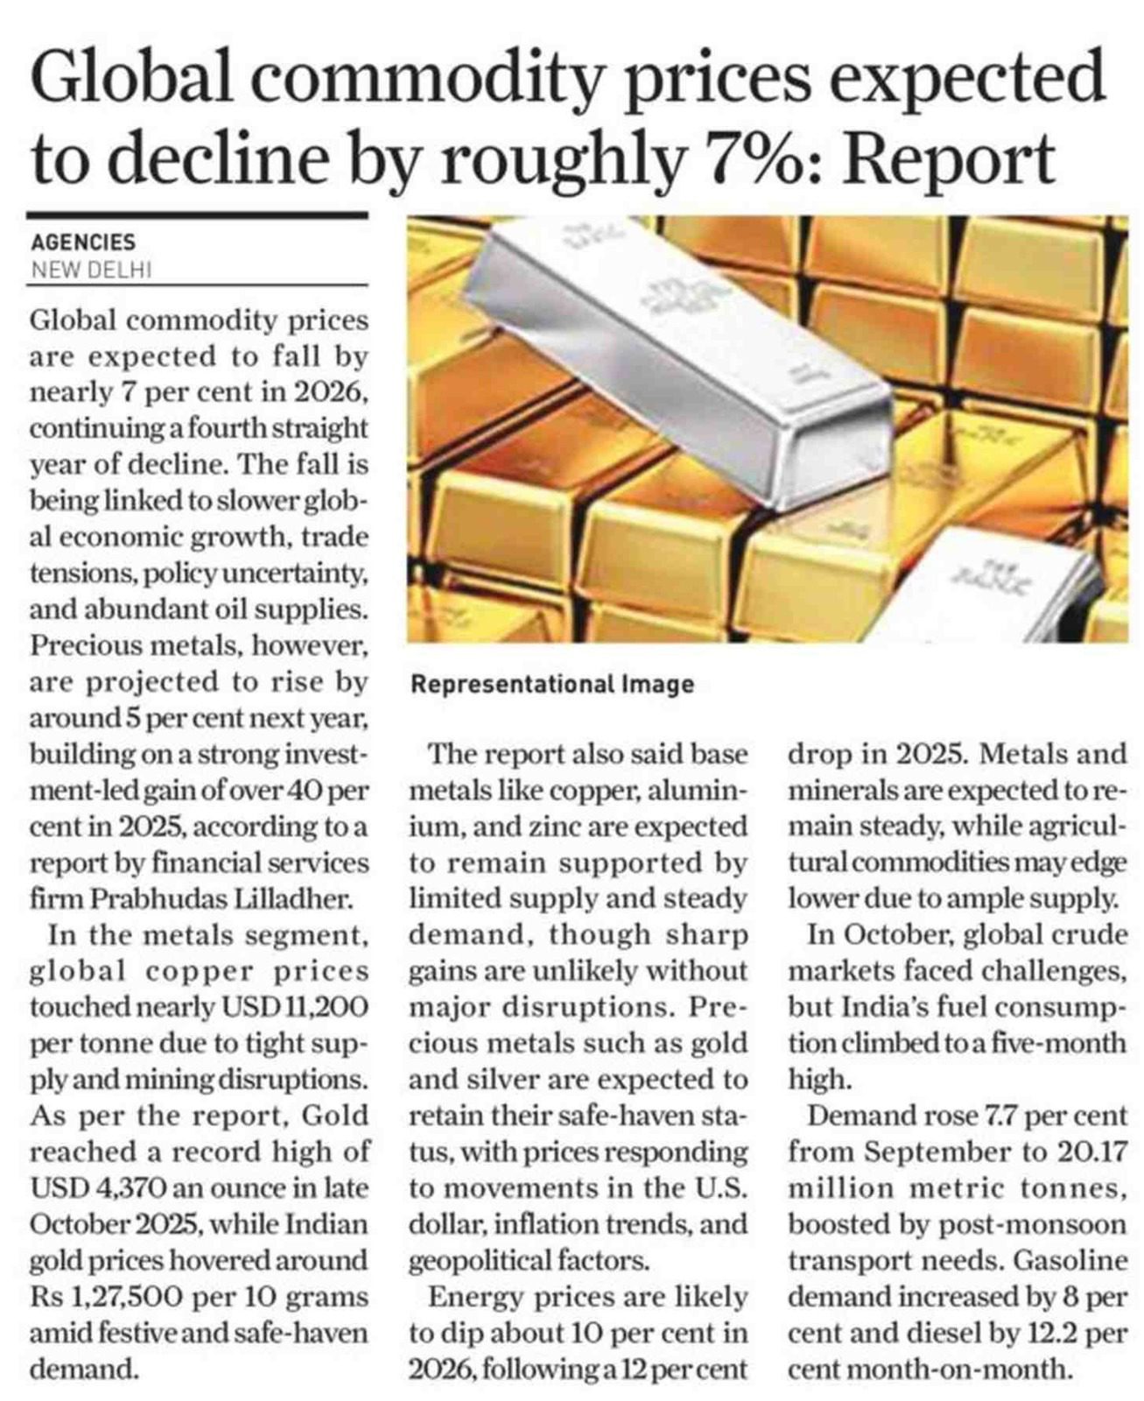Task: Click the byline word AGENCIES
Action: coord(83,243)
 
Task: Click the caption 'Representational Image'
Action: coord(552,685)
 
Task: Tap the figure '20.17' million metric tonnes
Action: coord(1091,1152)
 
